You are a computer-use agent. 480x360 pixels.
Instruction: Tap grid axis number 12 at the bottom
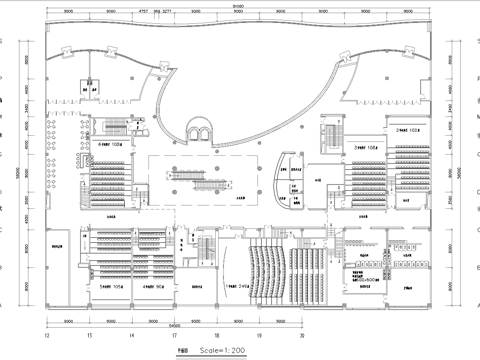click(x=47, y=335)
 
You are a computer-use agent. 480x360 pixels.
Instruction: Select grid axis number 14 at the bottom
click(x=132, y=335)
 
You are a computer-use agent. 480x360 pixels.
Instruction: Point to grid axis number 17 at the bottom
click(x=174, y=335)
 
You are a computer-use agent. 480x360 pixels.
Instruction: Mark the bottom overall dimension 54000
click(x=174, y=325)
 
